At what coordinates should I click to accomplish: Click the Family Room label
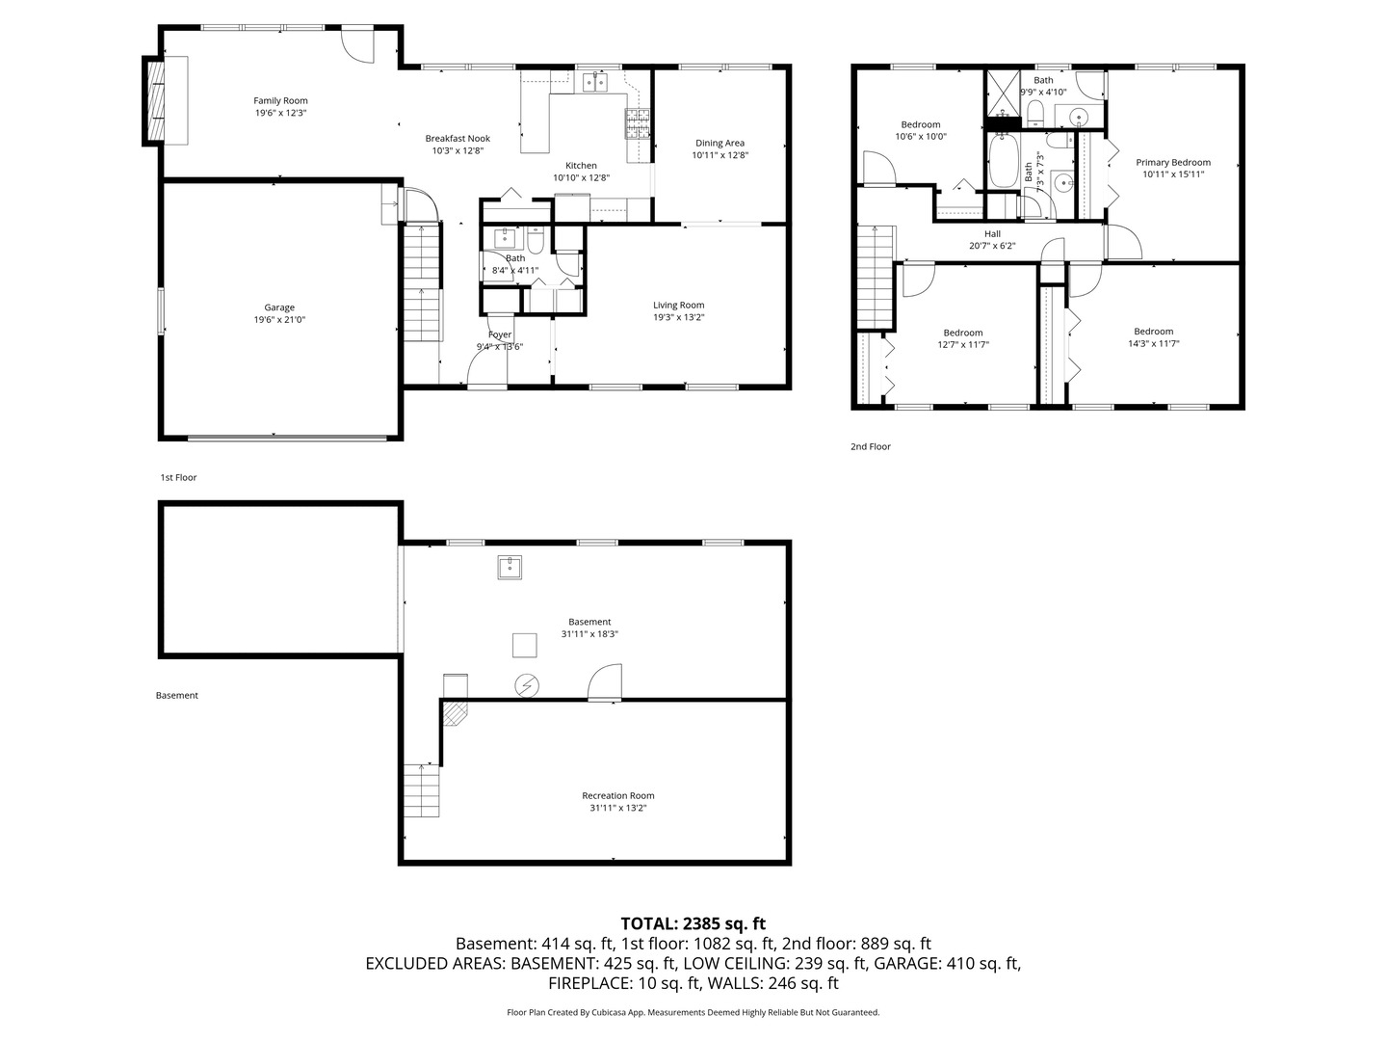[280, 100]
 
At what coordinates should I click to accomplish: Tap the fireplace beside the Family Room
[155, 100]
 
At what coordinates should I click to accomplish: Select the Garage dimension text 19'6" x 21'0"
[279, 320]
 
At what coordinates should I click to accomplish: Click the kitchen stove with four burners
[639, 121]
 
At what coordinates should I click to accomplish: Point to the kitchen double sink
[595, 82]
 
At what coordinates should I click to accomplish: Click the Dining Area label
[720, 143]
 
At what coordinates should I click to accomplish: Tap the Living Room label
[678, 305]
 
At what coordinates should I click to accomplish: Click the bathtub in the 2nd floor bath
[1005, 161]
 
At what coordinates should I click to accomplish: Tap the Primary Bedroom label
[1172, 162]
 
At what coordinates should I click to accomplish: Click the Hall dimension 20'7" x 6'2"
[992, 246]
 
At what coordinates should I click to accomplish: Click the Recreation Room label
[617, 795]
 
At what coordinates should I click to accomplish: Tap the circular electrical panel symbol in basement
[527, 685]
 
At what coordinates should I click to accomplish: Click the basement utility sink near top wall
[510, 568]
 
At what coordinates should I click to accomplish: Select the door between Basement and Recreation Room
[606, 683]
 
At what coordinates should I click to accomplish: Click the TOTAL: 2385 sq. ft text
[693, 923]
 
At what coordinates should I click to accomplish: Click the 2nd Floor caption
[870, 446]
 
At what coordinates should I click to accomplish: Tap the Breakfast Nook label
[458, 139]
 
